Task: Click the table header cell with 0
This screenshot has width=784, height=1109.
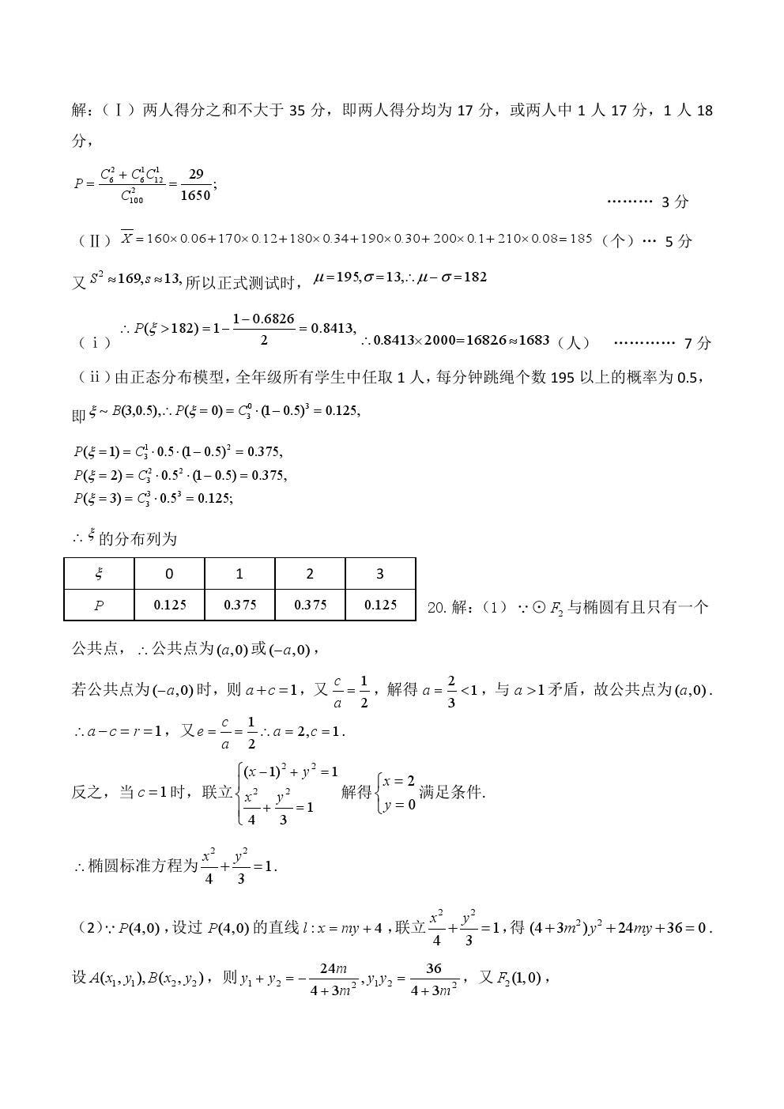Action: tap(169, 574)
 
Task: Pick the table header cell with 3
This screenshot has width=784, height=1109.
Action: tap(380, 574)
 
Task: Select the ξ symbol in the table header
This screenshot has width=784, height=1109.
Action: tap(99, 574)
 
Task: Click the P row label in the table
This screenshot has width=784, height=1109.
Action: tap(99, 605)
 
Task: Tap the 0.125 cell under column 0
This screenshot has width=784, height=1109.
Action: tap(169, 605)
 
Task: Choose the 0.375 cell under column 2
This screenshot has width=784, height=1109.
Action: tap(310, 605)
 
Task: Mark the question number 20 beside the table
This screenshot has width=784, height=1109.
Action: tap(437, 608)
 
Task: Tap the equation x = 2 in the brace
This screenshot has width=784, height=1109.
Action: tap(399, 781)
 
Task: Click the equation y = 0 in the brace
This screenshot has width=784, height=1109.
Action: tap(399, 805)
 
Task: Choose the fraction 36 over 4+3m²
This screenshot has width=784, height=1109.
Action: tap(434, 979)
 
